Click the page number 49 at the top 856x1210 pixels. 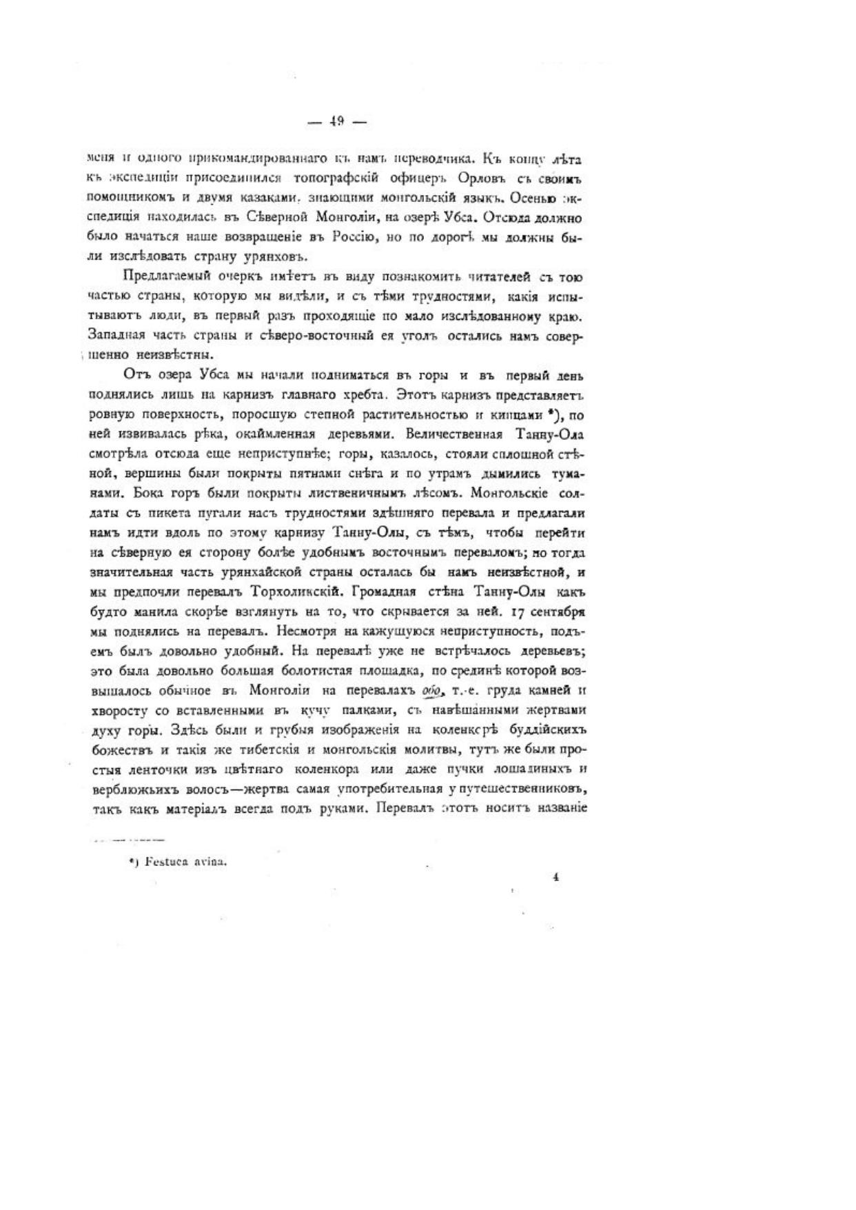click(337, 121)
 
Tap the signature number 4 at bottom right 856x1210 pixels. click(555, 877)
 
